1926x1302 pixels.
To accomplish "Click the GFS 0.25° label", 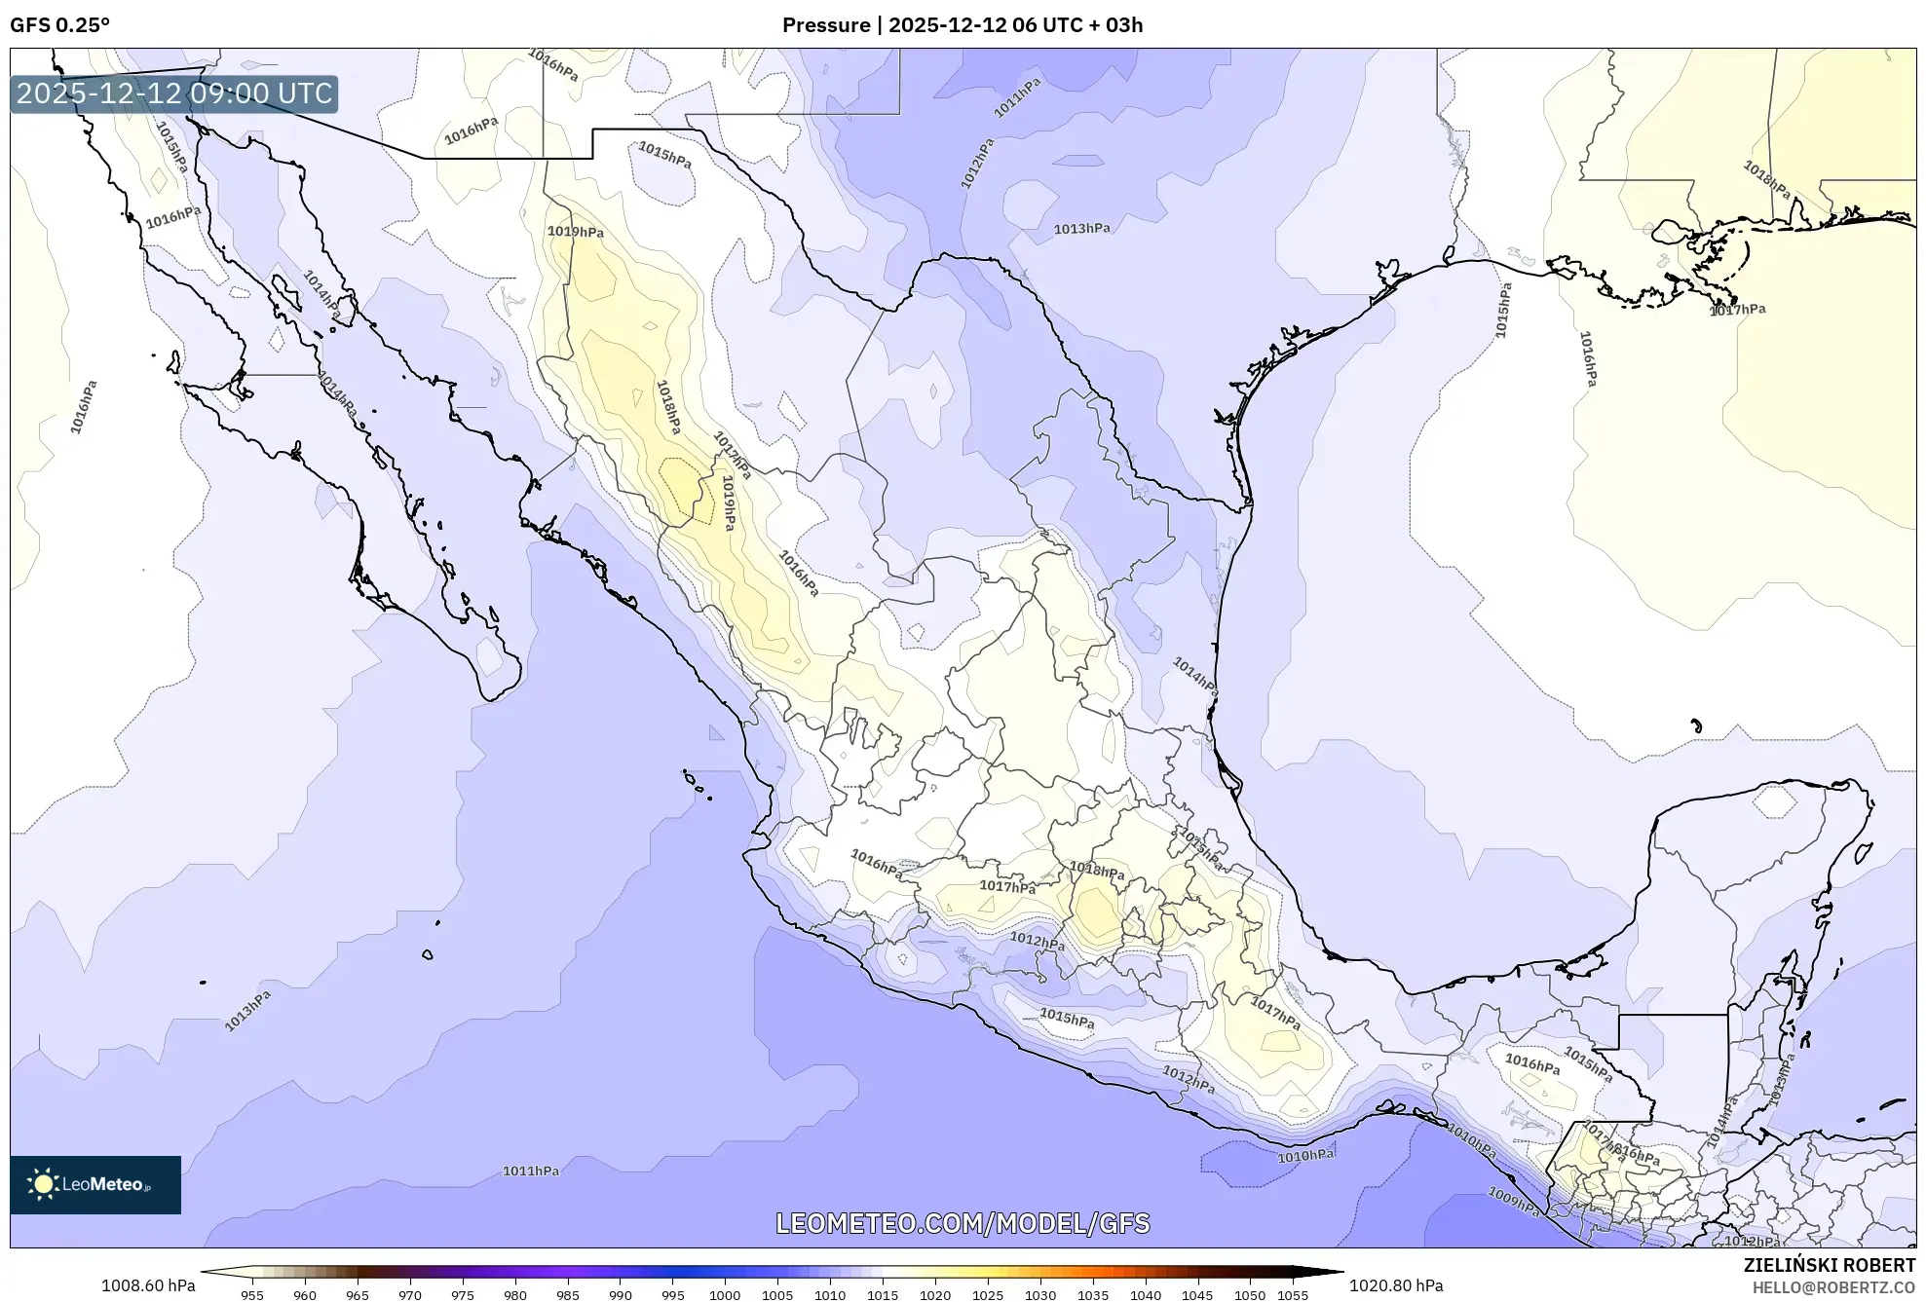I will click(59, 25).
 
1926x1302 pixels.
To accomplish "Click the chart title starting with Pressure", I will click(962, 25).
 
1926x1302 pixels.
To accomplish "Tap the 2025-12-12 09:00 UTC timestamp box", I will click(174, 94).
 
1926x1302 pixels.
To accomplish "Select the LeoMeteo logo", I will click(95, 1184).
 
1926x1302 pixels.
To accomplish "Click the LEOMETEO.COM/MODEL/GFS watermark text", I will click(962, 1223).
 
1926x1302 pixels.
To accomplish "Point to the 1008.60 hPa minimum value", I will click(148, 1285).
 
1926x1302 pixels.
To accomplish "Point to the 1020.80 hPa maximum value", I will click(1395, 1285).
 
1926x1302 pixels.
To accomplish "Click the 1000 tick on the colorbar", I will click(724, 1295).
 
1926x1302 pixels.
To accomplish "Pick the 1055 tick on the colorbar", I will click(1292, 1295).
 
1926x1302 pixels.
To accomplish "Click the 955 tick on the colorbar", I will click(252, 1295).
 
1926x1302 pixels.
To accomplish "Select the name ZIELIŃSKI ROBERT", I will click(1829, 1265).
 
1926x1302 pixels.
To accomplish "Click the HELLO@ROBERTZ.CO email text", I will click(1833, 1287).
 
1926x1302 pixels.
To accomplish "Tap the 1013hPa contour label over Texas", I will click(1081, 229).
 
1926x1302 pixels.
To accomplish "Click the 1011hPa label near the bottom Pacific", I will click(531, 1171).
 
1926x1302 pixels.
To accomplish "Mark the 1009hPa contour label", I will click(1513, 1201).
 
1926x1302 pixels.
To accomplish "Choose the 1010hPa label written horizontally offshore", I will click(1305, 1155).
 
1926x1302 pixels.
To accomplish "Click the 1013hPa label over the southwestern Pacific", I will click(247, 1010).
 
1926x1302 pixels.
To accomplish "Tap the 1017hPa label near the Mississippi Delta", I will click(1738, 310).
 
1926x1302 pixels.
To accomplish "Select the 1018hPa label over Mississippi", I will click(1766, 180).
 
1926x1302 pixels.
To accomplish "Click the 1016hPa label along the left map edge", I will click(84, 407).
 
